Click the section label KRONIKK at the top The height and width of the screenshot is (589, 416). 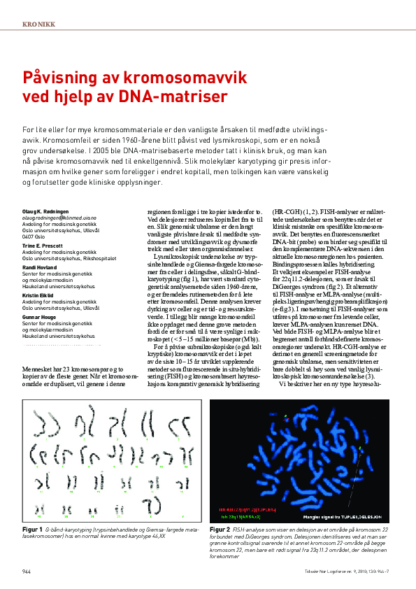38,24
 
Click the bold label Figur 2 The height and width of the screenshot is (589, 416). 221,531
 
